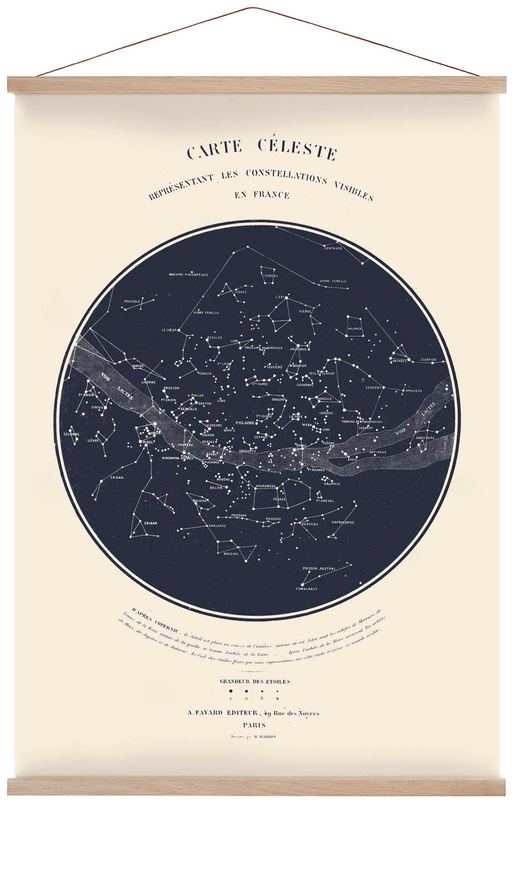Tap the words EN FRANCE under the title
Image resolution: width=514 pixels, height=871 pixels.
[261, 195]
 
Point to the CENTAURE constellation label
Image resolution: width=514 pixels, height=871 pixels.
[333, 248]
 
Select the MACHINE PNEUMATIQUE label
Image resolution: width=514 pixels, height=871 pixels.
[188, 274]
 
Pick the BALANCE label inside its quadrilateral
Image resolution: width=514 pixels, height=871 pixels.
[354, 329]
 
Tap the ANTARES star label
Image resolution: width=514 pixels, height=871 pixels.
[399, 360]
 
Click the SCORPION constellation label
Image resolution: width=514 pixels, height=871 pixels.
[429, 360]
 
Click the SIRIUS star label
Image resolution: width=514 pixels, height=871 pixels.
[97, 407]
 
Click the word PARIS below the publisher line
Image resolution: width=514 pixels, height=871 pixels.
[254, 725]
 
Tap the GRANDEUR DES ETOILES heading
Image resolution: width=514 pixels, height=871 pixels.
[255, 681]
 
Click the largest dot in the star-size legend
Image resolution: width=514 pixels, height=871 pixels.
[231, 691]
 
